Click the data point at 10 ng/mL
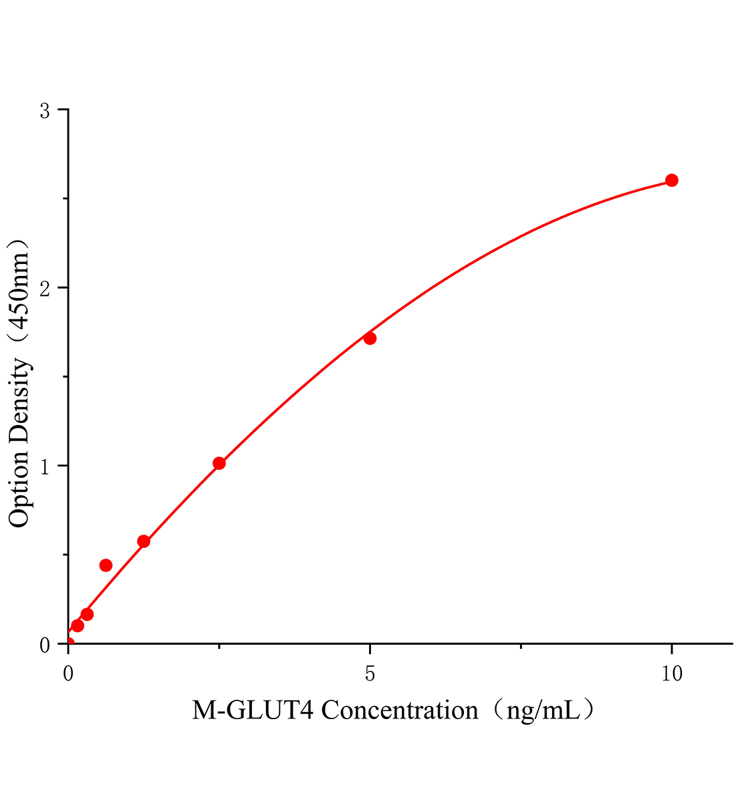coord(672,180)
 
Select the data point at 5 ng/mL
coord(370,338)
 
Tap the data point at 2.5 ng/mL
coord(219,463)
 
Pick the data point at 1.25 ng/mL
coord(144,541)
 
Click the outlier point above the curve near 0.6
coord(106,565)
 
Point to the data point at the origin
coord(68,643)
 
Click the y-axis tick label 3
coord(45,110)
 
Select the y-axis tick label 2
coord(45,288)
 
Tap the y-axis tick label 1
coord(45,466)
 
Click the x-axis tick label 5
coord(370,674)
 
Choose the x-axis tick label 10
coord(672,674)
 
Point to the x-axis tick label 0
coord(68,674)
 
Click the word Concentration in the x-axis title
coord(400,710)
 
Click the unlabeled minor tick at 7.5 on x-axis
coord(521,647)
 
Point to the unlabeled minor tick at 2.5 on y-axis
coord(65,199)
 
